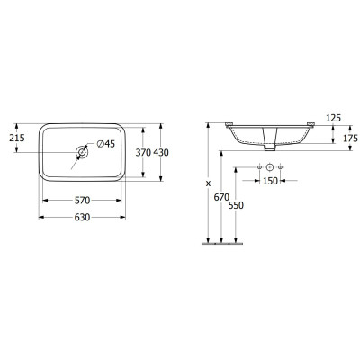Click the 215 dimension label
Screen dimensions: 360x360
click(x=17, y=139)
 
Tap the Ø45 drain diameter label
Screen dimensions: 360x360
click(x=106, y=144)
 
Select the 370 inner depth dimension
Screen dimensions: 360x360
click(x=143, y=153)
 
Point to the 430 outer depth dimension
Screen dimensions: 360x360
click(x=161, y=153)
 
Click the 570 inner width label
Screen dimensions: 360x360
click(x=82, y=201)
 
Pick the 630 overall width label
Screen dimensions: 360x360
click(x=82, y=217)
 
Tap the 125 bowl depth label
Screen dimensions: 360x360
click(x=333, y=118)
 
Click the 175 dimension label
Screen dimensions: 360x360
click(x=350, y=139)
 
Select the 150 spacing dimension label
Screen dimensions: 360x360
click(x=270, y=181)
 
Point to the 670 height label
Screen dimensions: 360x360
click(x=221, y=197)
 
